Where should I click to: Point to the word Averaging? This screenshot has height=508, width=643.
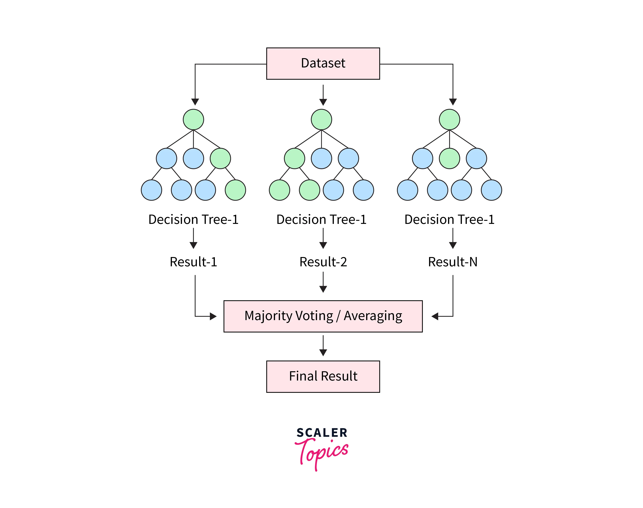coord(373,316)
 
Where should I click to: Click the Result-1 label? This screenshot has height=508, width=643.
coord(193,262)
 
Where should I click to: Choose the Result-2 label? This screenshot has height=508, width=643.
coord(323,262)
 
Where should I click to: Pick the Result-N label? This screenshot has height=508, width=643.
coord(453,262)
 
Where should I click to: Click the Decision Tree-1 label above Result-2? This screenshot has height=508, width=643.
coord(321,220)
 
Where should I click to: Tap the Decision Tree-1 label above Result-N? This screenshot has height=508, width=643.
coord(449,220)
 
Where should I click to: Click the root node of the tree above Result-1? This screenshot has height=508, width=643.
coord(193,120)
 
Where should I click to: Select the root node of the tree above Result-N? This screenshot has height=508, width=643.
coord(449,120)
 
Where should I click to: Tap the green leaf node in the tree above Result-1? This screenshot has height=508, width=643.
coord(235,190)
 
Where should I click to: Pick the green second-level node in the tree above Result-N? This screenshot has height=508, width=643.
coord(449,159)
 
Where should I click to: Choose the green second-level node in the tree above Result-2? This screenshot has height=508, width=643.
coord(294,159)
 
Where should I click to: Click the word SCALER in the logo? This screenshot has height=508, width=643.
coord(322,433)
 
